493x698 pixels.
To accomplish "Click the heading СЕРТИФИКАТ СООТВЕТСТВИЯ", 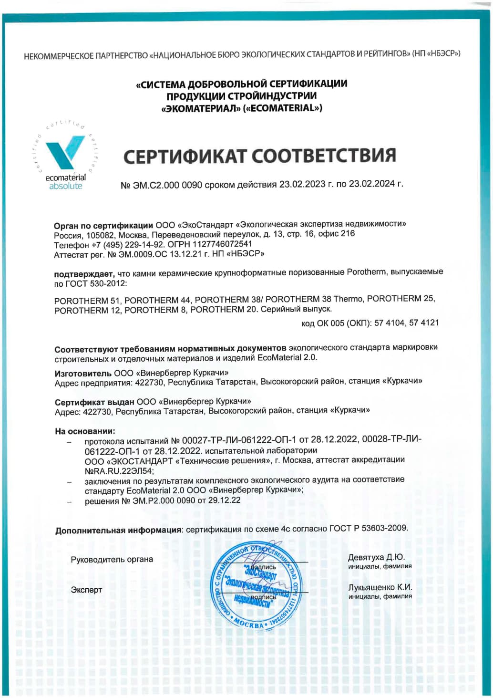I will (x=260, y=156).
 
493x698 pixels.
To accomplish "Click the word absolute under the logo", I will (x=66, y=186).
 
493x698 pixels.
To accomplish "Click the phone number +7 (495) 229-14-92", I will (x=127, y=245).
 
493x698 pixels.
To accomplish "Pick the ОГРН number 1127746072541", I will (x=222, y=244).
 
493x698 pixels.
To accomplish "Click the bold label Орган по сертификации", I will (x=103, y=225).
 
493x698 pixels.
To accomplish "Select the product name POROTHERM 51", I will (x=88, y=301).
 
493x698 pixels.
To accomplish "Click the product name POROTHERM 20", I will (x=224, y=310).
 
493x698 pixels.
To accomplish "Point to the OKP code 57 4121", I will (x=424, y=323).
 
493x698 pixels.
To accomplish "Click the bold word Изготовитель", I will (x=83, y=373).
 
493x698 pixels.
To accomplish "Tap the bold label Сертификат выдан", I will (x=94, y=402).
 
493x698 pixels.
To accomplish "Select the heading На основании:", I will (x=85, y=431).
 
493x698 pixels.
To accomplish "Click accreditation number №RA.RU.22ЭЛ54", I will (x=119, y=471).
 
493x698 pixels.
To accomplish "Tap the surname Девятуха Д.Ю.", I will (x=376, y=557).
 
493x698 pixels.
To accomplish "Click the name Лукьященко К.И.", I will (x=380, y=588).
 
